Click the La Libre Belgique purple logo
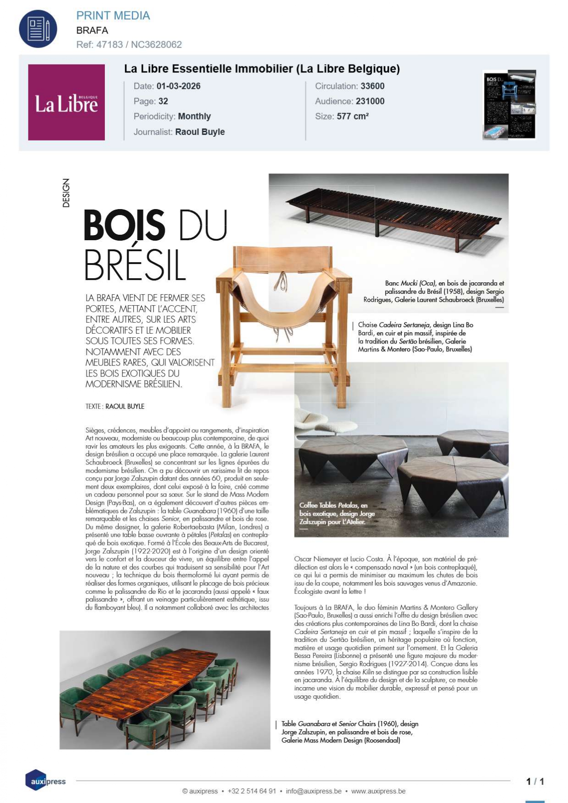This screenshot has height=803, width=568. pyautogui.click(x=66, y=102)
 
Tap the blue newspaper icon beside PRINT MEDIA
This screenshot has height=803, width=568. pyautogui.click(x=38, y=29)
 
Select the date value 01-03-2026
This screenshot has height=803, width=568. pyautogui.click(x=178, y=86)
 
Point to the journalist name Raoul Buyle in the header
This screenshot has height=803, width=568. pyautogui.click(x=200, y=132)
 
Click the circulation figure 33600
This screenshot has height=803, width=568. pyautogui.click(x=372, y=86)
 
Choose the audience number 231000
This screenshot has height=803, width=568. pyautogui.click(x=370, y=101)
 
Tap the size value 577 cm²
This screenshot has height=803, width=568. pyautogui.click(x=353, y=116)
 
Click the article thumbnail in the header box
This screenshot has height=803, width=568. pyautogui.click(x=510, y=105)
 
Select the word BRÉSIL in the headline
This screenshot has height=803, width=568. pyautogui.click(x=135, y=265)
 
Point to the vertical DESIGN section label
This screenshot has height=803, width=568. pyautogui.click(x=66, y=193)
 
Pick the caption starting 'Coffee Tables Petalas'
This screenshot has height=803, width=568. pyautogui.click(x=337, y=513)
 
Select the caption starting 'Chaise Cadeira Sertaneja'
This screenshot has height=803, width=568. pyautogui.click(x=415, y=337)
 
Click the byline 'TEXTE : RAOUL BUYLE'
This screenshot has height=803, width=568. pyautogui.click(x=115, y=406)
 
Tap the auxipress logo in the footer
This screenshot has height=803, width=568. pyautogui.click(x=45, y=781)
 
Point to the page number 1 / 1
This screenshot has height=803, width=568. pyautogui.click(x=535, y=781)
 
